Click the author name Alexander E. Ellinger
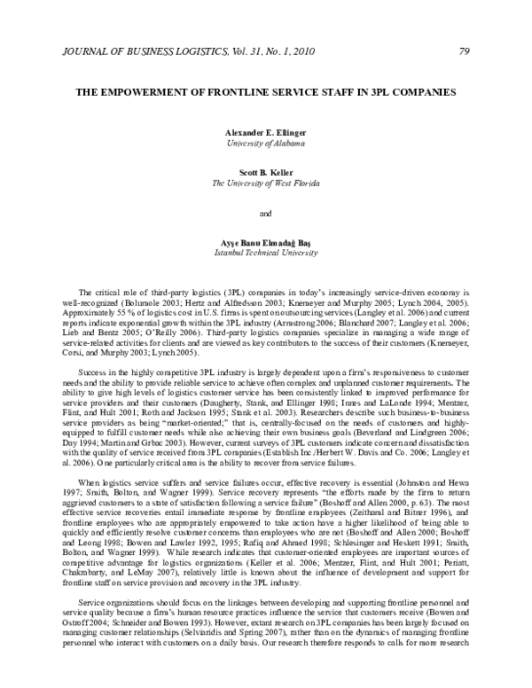(266, 131)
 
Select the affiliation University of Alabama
(266, 142)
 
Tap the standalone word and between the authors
(266, 213)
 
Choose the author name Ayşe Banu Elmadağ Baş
(266, 242)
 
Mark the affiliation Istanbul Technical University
(266, 253)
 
